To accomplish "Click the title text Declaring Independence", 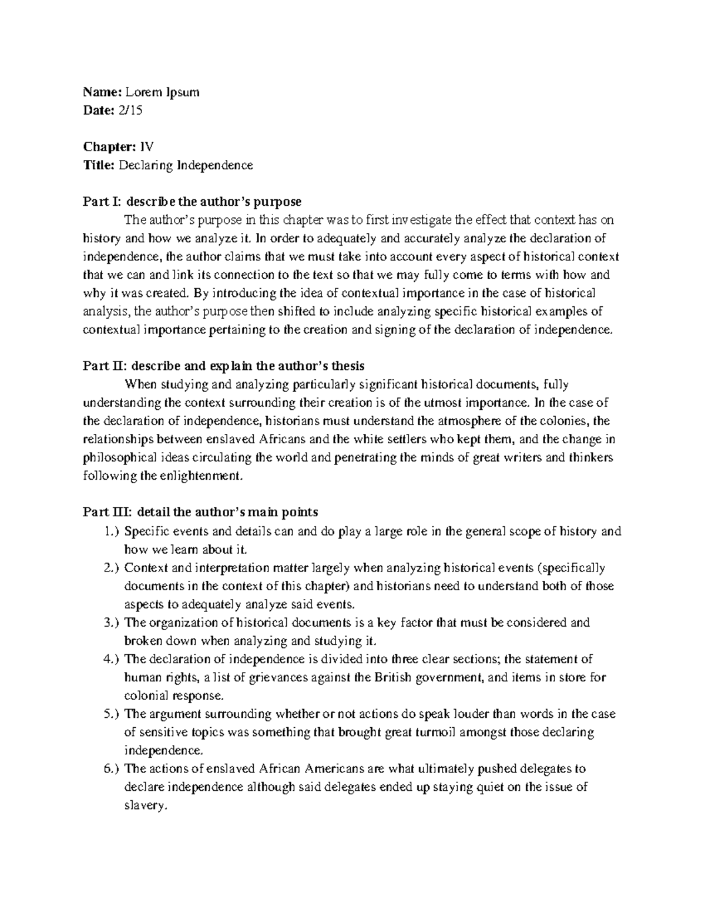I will coord(186,165).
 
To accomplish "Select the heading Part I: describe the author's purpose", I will coord(192,202).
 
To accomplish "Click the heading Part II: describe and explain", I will coord(223,366).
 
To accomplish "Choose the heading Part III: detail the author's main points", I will coord(200,512).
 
